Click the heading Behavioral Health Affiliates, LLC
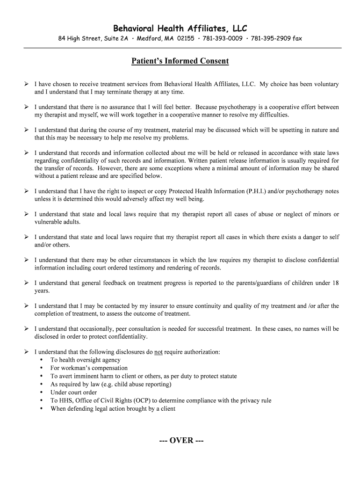(x=180, y=28)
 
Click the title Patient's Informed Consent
(x=180, y=61)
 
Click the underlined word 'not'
(x=158, y=352)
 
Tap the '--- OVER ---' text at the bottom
(x=180, y=441)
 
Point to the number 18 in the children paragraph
(x=335, y=283)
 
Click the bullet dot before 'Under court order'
(x=42, y=392)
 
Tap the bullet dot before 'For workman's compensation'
(x=42, y=368)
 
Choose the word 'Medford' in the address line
(x=148, y=38)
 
